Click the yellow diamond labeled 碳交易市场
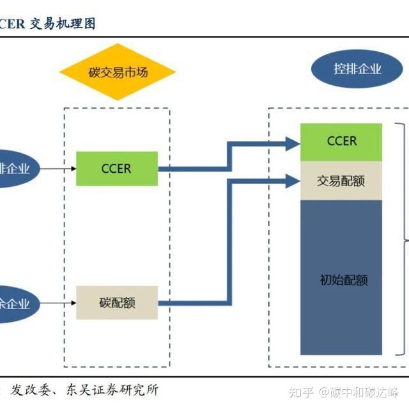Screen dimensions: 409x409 point(117,72)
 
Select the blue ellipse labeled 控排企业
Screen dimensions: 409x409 point(357,68)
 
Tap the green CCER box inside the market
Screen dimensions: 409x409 point(116,169)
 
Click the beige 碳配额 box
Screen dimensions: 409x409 point(116,303)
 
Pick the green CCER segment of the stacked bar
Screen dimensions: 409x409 point(341,141)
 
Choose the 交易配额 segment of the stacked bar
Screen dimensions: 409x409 point(341,180)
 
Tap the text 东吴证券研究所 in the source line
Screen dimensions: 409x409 point(115,389)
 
